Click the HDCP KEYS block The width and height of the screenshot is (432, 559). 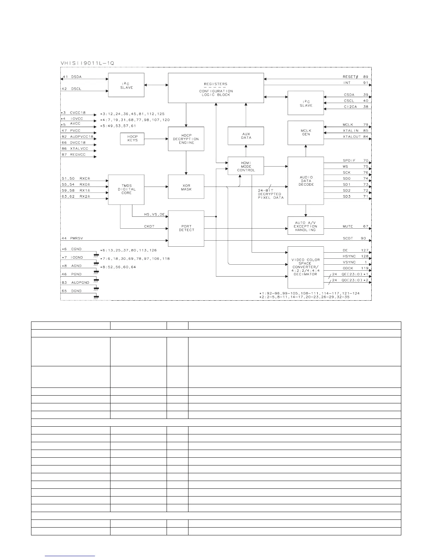133,138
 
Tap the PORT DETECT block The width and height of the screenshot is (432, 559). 186,228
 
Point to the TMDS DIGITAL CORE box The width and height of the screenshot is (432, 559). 126,190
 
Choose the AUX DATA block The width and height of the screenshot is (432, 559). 246,136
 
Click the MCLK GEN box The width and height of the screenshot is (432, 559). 306,132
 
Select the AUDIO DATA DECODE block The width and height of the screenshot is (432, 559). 306,181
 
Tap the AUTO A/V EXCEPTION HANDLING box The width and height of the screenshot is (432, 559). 306,226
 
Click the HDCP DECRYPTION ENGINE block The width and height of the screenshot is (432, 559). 186,139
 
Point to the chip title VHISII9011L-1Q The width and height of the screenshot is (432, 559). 87,63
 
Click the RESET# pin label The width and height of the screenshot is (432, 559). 351,77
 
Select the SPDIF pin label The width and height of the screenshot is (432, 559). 349,161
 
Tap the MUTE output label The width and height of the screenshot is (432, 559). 348,226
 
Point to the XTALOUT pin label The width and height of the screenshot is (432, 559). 352,137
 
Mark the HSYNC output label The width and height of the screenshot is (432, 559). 349,256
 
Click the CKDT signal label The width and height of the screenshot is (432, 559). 149,226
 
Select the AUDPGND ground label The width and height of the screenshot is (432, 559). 80,282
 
